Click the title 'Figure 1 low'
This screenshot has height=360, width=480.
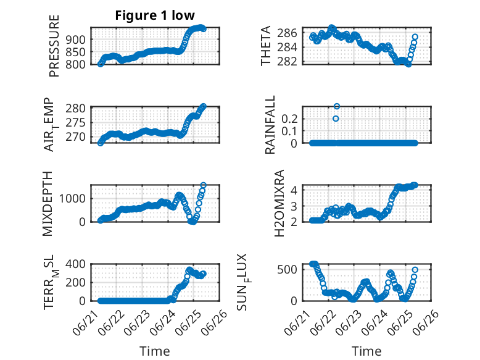click(155, 15)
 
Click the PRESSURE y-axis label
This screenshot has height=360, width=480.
click(54, 46)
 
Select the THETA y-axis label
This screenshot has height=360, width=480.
click(266, 46)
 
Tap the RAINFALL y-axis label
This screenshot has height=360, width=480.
click(270, 125)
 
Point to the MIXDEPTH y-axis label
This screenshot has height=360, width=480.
click(48, 204)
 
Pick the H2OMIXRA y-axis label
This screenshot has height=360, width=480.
click(279, 203)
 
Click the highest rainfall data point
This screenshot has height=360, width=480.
click(337, 106)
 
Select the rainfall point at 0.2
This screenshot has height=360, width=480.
click(336, 119)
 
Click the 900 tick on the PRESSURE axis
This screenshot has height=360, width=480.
click(75, 40)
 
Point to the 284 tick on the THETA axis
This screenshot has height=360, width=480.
click(287, 47)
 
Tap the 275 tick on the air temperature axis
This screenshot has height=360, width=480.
click(75, 123)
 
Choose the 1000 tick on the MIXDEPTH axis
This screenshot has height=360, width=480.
click(72, 199)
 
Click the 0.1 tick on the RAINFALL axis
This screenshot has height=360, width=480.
click(289, 131)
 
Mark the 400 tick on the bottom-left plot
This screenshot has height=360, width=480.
click(75, 264)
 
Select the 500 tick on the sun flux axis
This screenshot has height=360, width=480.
click(287, 269)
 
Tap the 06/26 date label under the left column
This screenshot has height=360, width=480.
click(215, 321)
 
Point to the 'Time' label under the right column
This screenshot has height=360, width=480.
click(366, 351)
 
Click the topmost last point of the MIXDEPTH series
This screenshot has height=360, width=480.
click(203, 185)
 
